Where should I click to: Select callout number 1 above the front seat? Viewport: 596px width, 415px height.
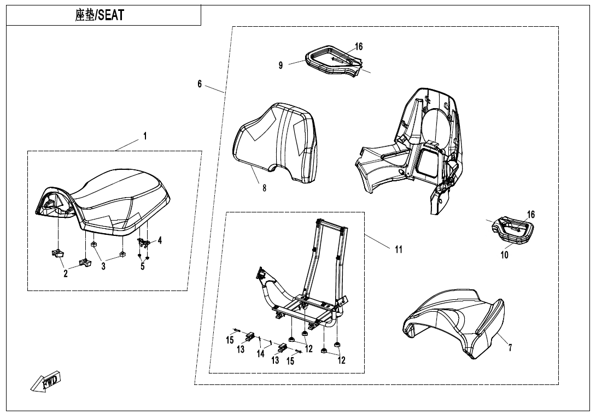coord(145,136)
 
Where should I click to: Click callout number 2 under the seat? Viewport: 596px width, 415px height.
coord(66,274)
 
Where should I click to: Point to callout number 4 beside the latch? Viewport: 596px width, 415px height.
coord(160,240)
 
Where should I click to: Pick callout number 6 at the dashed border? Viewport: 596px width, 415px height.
coord(200,84)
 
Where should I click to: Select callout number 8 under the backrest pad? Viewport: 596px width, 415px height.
coord(264,188)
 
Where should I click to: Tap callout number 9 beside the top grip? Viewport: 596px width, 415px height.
coord(281,65)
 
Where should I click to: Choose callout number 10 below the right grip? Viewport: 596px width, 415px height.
coord(504,254)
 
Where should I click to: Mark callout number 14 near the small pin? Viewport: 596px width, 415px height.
coord(261,354)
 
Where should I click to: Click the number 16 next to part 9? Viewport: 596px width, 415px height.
coord(359,47)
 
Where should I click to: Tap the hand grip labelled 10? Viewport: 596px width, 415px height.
coord(514,229)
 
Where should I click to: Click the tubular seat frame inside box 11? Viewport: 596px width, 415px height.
coord(306,284)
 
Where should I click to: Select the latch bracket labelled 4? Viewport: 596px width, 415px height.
coord(144,242)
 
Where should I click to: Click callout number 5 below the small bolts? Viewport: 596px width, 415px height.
coord(142,266)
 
